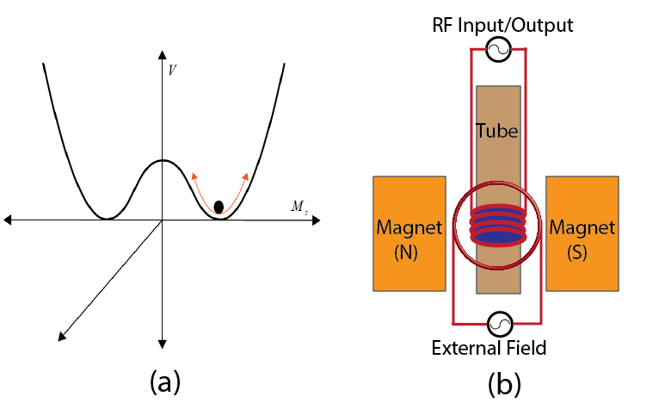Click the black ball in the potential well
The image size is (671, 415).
point(219,207)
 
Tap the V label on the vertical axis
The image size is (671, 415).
point(173,71)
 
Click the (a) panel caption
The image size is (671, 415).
point(163,381)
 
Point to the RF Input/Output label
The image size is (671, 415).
point(503,26)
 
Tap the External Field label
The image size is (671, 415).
point(501,348)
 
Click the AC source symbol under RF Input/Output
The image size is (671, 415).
point(498,52)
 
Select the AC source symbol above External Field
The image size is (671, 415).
point(499,325)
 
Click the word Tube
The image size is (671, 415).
point(497,131)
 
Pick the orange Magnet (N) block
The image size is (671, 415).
point(409,232)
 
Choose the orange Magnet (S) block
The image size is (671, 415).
point(582,232)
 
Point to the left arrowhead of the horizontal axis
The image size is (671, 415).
point(9,220)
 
